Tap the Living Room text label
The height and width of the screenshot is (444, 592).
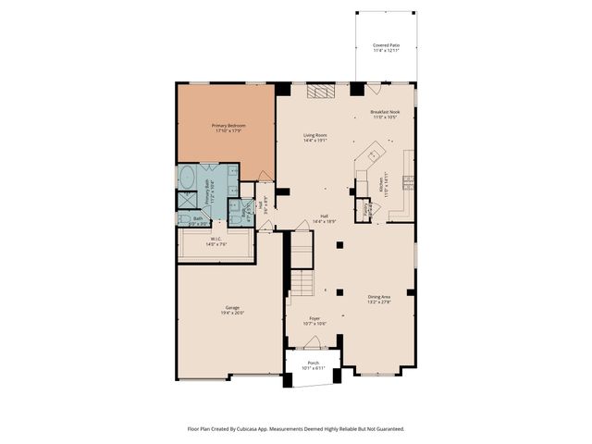315,135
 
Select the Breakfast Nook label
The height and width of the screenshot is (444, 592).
386,112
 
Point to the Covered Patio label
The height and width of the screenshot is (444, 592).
386,44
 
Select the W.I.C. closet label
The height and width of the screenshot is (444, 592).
216,239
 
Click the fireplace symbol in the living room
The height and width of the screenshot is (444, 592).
319,91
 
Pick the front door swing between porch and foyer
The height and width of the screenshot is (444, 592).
312,343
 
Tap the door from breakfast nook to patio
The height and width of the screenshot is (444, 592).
373,89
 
